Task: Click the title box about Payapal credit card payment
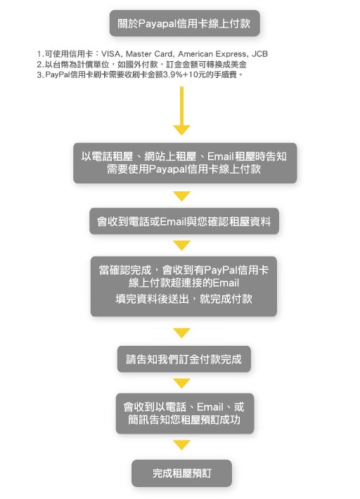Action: pyautogui.click(x=185, y=23)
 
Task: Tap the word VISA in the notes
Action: pyautogui.click(x=110, y=54)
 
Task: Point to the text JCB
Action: pyautogui.click(x=259, y=54)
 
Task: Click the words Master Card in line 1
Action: pyautogui.click(x=149, y=54)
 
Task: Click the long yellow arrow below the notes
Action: pyautogui.click(x=181, y=111)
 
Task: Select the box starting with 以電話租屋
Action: pyautogui.click(x=185, y=163)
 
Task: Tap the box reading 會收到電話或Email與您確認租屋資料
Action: pyautogui.click(x=184, y=221)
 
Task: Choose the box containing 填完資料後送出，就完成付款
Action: pyautogui.click(x=184, y=287)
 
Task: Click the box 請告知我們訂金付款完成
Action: pyautogui.click(x=184, y=359)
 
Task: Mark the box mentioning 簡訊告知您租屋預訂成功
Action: pyautogui.click(x=185, y=413)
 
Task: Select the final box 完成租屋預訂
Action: pyautogui.click(x=181, y=473)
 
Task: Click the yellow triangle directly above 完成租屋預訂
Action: pyautogui.click(x=181, y=445)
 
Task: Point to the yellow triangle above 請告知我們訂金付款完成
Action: pyautogui.click(x=181, y=332)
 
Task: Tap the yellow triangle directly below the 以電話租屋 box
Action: pyautogui.click(x=181, y=196)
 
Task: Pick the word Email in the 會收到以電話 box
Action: pyautogui.click(x=210, y=407)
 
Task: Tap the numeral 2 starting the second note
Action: pyautogui.click(x=39, y=64)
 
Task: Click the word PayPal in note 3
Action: pyautogui.click(x=58, y=74)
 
